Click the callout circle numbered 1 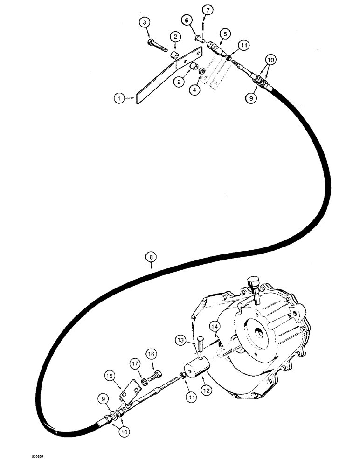119,98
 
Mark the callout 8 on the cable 152,256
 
